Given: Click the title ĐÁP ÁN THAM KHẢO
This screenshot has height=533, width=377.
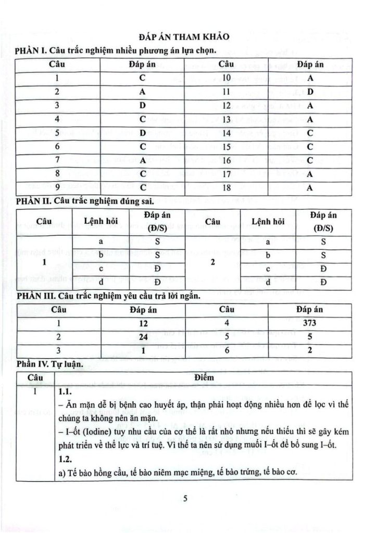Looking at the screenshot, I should tap(188, 37).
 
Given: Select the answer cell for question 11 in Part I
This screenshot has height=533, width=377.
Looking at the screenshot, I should tap(310, 92).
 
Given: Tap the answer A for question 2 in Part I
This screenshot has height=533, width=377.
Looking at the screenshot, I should tap(142, 92).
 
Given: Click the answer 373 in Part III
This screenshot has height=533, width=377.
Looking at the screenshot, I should tap(310, 323).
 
